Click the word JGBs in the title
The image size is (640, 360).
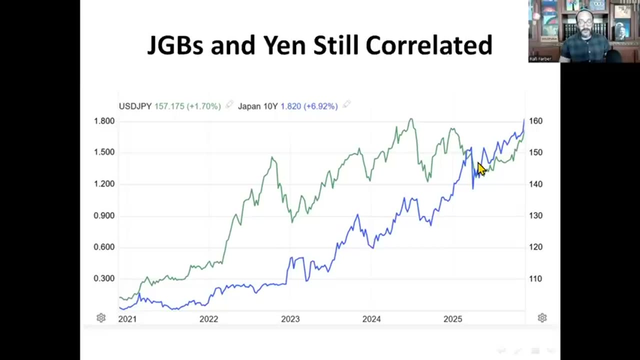pos(175,45)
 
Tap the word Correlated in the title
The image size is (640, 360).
pos(429,45)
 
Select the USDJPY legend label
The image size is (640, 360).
pos(135,106)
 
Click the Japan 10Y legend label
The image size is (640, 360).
pos(257,106)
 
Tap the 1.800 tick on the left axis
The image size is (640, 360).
pos(104,121)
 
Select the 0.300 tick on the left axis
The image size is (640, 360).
pos(104,278)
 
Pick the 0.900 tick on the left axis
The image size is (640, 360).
pos(104,215)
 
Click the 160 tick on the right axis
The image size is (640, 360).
pos(535,121)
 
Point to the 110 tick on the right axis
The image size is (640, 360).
pos(535,278)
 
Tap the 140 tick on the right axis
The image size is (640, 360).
pos(535,184)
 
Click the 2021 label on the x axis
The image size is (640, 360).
pos(127,319)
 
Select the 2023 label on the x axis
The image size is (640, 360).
pos(290,319)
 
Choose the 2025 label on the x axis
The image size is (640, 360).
pos(453,319)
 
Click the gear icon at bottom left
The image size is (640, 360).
pos(101,318)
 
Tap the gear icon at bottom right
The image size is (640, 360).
pos(542,318)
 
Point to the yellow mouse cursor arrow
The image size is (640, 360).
pos(481,169)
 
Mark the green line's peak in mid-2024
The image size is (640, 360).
pos(411,119)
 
